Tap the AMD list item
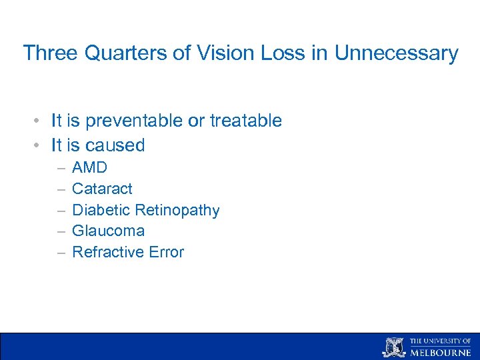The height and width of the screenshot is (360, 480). tap(89, 167)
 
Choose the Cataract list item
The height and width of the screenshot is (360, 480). tap(102, 189)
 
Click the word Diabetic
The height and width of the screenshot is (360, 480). tap(101, 210)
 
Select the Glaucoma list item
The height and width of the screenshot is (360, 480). tap(108, 231)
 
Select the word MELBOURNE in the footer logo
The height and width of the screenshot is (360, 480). tap(440, 353)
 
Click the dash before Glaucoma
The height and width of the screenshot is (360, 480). tap(61, 231)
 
